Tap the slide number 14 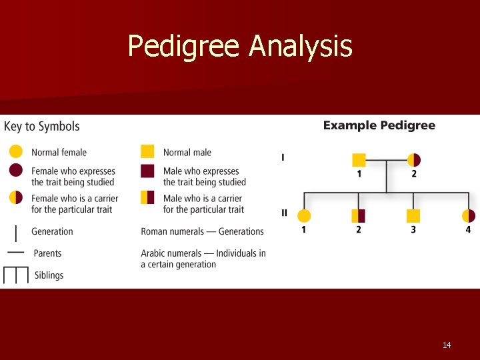(x=447, y=345)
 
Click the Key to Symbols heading (x=42, y=127)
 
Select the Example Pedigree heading (x=379, y=125)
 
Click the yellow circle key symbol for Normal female (x=16, y=152)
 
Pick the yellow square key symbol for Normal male (x=148, y=152)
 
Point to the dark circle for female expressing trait (x=16, y=171)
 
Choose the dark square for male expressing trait (x=148, y=171)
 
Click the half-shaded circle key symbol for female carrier (x=16, y=197)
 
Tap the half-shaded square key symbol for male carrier (x=148, y=197)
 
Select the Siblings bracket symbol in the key (x=16, y=275)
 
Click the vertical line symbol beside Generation (x=16, y=231)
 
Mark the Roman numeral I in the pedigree (x=283, y=158)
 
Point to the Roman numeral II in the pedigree (x=285, y=213)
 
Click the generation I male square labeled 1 (x=359, y=160)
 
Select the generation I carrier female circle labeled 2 (x=414, y=160)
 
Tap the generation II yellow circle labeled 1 (x=304, y=215)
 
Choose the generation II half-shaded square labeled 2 (x=359, y=215)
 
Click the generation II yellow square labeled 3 (x=413, y=215)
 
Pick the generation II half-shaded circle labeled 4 (x=468, y=215)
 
